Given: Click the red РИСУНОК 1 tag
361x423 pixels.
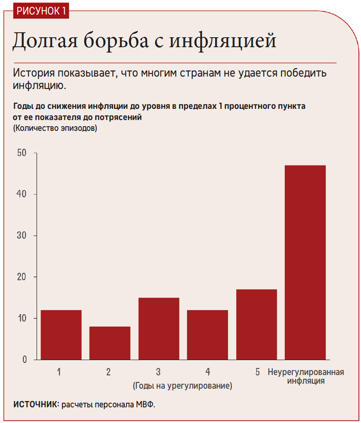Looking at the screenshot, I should click(41, 11).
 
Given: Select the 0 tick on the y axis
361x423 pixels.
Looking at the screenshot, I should click(24, 360).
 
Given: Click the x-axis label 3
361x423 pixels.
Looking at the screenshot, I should click(159, 372).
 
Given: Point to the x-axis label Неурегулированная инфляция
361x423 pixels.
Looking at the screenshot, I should click(306, 376).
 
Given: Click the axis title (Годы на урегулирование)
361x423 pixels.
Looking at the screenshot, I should click(182, 386).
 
